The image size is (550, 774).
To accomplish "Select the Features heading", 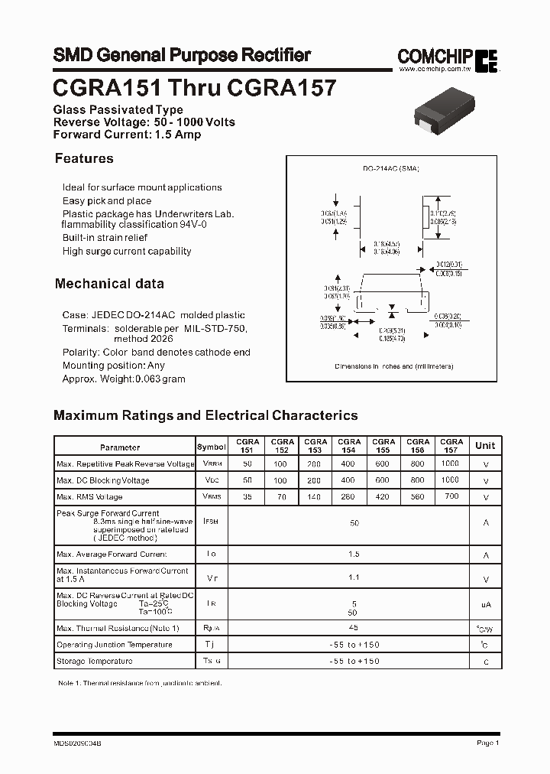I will point(84,158).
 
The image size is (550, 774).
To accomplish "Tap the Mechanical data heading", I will point(109,284).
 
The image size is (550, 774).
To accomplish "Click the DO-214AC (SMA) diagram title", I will point(391,168).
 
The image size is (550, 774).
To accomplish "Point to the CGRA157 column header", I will point(451,446).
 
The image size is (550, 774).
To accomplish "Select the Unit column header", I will point(485,446).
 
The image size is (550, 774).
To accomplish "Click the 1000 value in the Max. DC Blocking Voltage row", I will point(451,480).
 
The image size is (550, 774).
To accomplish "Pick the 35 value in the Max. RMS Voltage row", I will point(246,497).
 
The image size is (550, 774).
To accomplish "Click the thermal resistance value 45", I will point(354,627).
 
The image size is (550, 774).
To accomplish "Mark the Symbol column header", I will point(212,447).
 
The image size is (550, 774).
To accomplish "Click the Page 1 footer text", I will point(487,743).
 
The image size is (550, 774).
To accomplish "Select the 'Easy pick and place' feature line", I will point(107,201).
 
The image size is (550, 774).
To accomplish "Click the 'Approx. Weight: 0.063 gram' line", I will point(124,379).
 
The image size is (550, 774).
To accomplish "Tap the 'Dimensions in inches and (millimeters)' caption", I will point(394,367).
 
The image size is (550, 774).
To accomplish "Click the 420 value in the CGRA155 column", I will point(383,497).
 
